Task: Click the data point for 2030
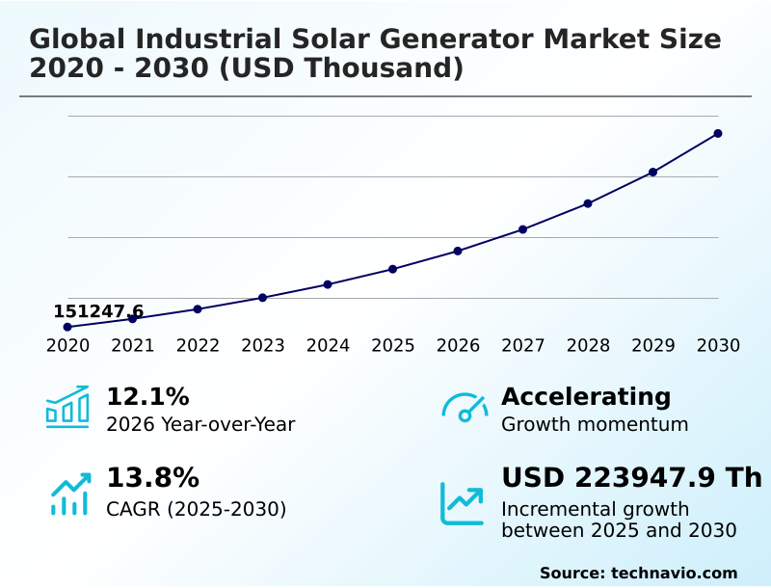tap(718, 133)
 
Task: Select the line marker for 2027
tap(523, 229)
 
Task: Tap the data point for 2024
tap(328, 284)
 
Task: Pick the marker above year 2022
tap(198, 309)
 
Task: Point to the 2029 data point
tap(652, 173)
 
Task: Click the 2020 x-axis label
tap(67, 346)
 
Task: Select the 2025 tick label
tap(393, 346)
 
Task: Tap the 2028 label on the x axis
tap(588, 346)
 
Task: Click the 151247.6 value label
tap(98, 311)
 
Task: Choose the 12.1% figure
tap(147, 397)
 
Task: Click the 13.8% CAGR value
tap(152, 478)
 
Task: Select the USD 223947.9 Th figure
tap(631, 478)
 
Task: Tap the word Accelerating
tap(586, 397)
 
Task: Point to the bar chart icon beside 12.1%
tap(67, 407)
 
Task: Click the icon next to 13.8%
tap(69, 494)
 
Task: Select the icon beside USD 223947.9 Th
tap(462, 503)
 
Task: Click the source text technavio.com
tap(674, 574)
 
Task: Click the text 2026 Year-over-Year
tap(200, 425)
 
